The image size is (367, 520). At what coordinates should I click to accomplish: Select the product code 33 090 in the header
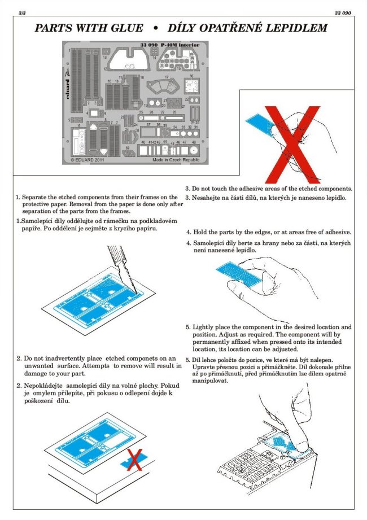(342, 12)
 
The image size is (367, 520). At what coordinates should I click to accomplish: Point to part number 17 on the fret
(167, 76)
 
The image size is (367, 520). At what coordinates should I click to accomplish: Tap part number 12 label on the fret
(105, 69)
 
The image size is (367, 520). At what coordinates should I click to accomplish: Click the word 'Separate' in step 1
(40, 196)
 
